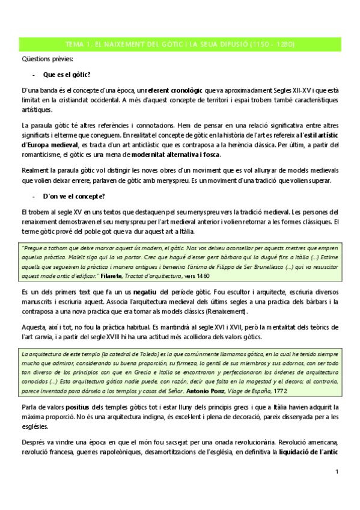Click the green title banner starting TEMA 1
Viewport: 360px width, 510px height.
pos(180,45)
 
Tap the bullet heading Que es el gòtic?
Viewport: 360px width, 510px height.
pos(66,75)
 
